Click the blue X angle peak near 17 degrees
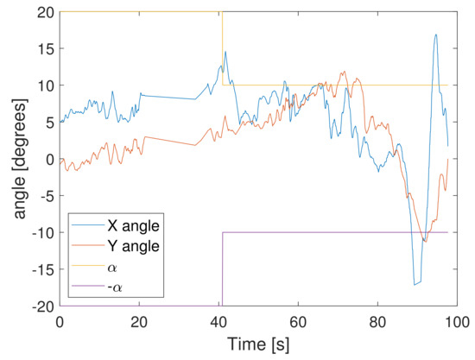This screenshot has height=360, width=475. tap(436, 35)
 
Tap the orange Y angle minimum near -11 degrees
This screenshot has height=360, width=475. tap(424, 241)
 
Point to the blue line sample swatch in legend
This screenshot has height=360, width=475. tap(85, 226)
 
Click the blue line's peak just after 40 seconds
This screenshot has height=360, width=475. tap(225, 52)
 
